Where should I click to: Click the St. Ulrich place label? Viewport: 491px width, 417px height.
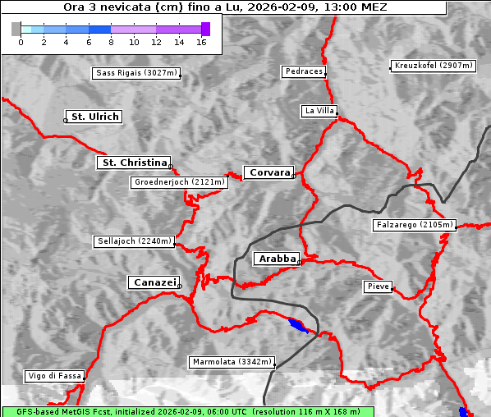94,117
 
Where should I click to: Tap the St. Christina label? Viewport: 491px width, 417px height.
134,163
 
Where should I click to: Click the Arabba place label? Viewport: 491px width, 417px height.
277,259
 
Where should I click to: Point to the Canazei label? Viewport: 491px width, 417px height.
154,282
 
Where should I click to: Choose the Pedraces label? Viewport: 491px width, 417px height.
304,71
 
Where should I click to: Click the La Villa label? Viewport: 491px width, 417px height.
319,110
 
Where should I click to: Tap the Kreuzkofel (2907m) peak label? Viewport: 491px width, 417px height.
433,66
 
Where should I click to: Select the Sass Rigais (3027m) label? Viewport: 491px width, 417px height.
136,73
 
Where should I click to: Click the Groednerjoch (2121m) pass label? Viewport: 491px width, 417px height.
177,182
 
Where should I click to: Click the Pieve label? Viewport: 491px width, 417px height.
378,286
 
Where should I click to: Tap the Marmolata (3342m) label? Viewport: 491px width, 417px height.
232,362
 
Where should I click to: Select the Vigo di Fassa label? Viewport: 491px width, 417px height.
54,376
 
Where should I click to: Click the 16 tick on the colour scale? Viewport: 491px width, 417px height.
201,42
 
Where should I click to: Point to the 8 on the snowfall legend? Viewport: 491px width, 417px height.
111,42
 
